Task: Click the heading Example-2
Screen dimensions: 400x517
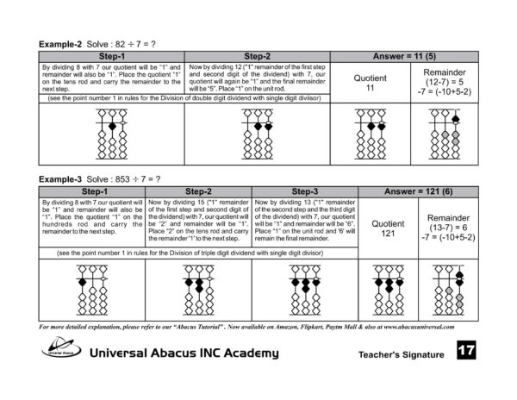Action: [60, 42]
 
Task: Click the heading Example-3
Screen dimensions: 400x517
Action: [60, 178]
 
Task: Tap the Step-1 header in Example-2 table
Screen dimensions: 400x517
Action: [112, 55]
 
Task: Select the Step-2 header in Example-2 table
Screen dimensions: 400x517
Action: [257, 55]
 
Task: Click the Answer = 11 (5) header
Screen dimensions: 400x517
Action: [403, 55]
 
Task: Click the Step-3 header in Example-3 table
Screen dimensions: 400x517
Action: [305, 191]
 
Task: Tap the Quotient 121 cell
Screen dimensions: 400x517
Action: [388, 228]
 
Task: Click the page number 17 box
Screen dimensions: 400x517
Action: [466, 351]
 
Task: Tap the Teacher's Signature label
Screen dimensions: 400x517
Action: [402, 354]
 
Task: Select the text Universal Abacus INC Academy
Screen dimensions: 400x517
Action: [184, 353]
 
